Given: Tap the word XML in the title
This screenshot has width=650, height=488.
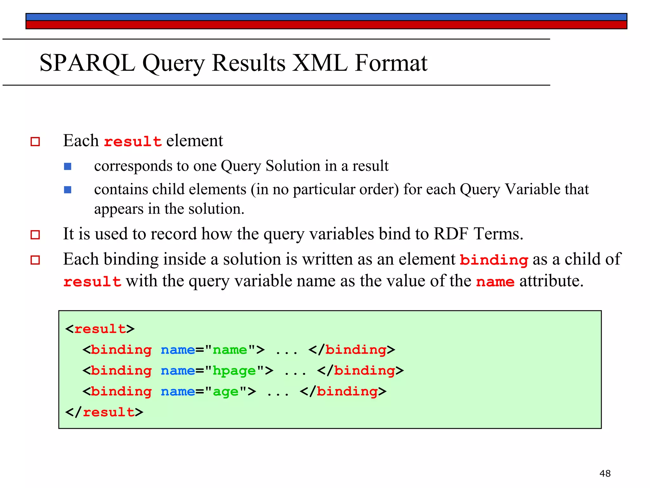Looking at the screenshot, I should (x=319, y=63).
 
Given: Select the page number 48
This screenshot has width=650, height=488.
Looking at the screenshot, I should (x=605, y=473).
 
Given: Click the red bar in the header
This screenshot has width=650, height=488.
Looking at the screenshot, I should (x=326, y=25).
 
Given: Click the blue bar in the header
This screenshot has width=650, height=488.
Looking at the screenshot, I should (x=326, y=17).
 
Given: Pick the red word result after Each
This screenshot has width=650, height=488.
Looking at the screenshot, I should (x=133, y=141).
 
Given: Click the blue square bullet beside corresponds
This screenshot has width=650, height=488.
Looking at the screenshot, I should (x=68, y=166).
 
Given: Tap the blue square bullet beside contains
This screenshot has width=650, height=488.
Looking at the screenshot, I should (x=68, y=190).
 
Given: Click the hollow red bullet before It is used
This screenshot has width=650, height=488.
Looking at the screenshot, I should (x=35, y=235).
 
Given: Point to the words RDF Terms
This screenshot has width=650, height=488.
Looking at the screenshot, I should (x=478, y=234).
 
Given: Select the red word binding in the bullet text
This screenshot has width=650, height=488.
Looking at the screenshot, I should (x=494, y=260).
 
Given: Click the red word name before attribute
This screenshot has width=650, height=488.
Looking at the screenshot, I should (x=495, y=282).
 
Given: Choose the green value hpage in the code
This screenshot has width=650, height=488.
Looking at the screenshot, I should (x=234, y=371).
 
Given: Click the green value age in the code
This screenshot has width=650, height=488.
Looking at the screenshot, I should (x=225, y=392).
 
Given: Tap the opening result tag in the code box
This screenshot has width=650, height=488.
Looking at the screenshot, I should (x=100, y=329).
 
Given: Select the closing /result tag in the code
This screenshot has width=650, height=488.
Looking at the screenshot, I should (x=104, y=412).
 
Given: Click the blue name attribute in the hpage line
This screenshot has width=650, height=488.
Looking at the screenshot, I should (x=178, y=371).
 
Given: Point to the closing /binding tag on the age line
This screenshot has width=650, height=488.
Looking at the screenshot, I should (x=343, y=391).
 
